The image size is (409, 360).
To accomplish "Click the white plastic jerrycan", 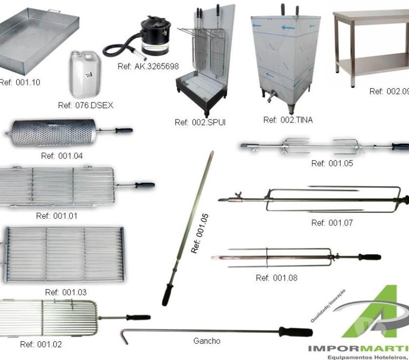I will [x=85, y=75].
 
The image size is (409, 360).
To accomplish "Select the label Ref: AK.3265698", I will [x=148, y=66].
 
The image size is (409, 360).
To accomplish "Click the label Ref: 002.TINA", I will [x=288, y=120].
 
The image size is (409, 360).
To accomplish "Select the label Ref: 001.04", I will [x=62, y=156].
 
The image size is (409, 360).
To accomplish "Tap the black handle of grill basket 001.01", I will [x=144, y=185].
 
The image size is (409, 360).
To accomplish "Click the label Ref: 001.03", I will [x=66, y=293].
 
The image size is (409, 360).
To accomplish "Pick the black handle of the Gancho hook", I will [x=295, y=332].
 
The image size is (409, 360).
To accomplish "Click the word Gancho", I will [x=206, y=341].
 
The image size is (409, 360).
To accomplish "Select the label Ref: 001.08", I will [x=276, y=278].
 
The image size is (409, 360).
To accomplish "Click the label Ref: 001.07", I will [x=332, y=223].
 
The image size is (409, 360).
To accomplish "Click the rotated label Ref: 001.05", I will [x=200, y=233].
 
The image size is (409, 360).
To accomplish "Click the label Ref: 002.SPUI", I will [x=200, y=123].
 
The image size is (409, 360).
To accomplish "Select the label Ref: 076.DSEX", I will [x=85, y=105].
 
